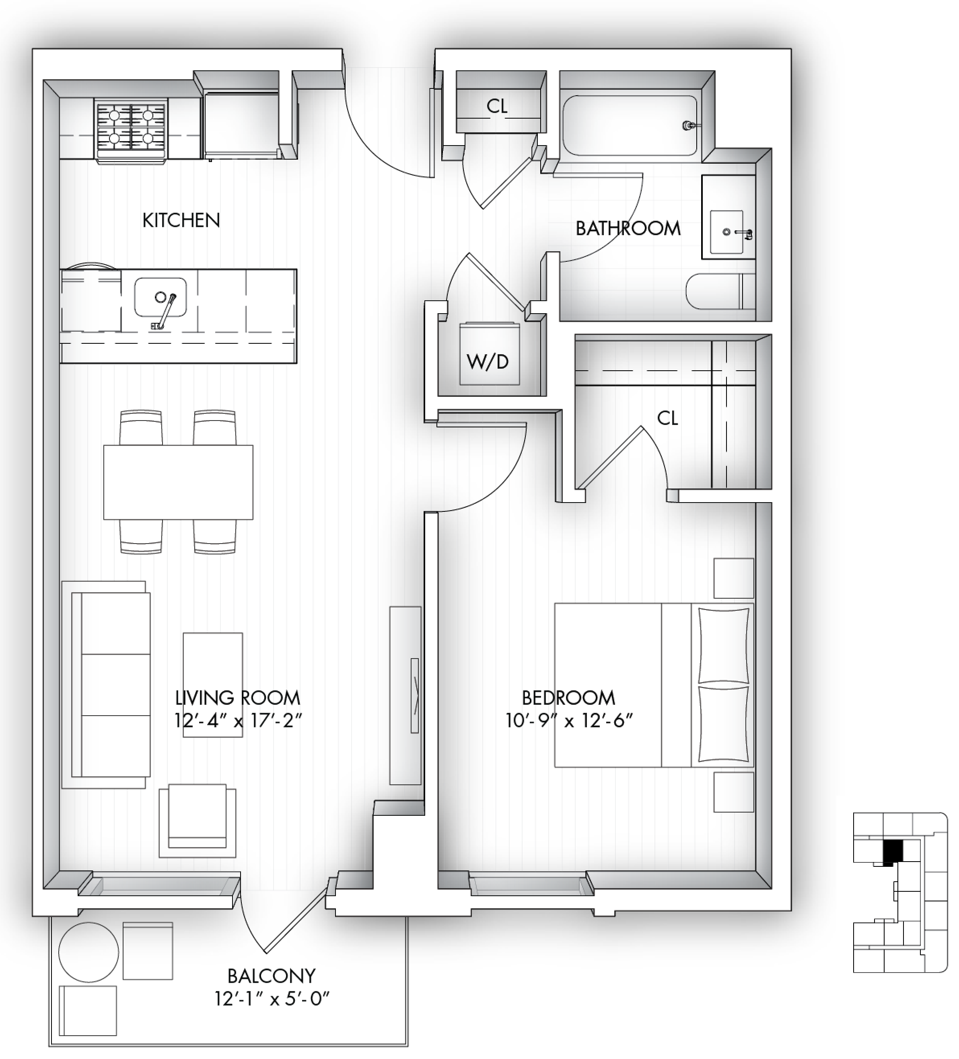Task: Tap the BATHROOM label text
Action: tap(628, 228)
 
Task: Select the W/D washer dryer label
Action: tap(488, 361)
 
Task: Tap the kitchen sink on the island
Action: tap(160, 298)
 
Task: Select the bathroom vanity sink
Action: tap(728, 232)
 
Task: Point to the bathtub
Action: tap(630, 125)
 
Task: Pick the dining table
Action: tap(178, 482)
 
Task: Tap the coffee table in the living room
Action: tap(213, 684)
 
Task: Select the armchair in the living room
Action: tap(197, 820)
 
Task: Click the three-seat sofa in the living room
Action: tap(106, 684)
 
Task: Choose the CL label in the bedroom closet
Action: tap(667, 418)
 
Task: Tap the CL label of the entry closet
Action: tap(497, 106)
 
